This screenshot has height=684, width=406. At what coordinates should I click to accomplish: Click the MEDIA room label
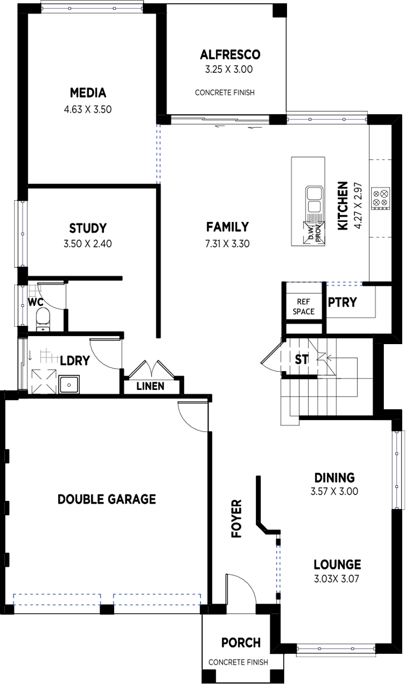click(x=88, y=93)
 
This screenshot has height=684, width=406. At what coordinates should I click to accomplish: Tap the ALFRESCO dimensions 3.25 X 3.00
click(x=229, y=69)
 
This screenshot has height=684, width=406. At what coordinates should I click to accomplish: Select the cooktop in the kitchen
click(x=381, y=198)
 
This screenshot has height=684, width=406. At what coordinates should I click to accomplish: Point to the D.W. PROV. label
click(x=315, y=234)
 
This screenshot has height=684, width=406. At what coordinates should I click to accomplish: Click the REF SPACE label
click(x=304, y=306)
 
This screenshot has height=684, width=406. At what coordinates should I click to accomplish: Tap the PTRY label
click(x=342, y=302)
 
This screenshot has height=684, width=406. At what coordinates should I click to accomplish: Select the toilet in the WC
click(x=42, y=319)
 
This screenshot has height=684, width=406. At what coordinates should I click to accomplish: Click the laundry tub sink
click(x=69, y=384)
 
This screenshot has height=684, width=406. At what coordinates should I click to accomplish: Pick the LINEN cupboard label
click(x=150, y=386)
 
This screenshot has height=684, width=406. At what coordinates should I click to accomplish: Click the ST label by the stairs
click(x=302, y=359)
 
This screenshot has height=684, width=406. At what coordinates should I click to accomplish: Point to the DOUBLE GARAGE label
click(x=107, y=499)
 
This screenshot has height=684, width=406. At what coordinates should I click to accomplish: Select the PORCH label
click(x=241, y=643)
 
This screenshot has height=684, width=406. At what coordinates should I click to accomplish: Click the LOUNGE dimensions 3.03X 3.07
click(x=336, y=579)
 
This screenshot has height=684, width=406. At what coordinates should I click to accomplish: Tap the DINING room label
click(x=335, y=478)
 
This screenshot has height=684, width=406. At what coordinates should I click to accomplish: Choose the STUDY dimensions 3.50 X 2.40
click(x=88, y=244)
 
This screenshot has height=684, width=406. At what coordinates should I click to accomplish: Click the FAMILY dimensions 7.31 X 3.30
click(x=227, y=244)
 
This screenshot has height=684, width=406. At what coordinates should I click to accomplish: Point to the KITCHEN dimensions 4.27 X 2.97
click(x=358, y=205)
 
